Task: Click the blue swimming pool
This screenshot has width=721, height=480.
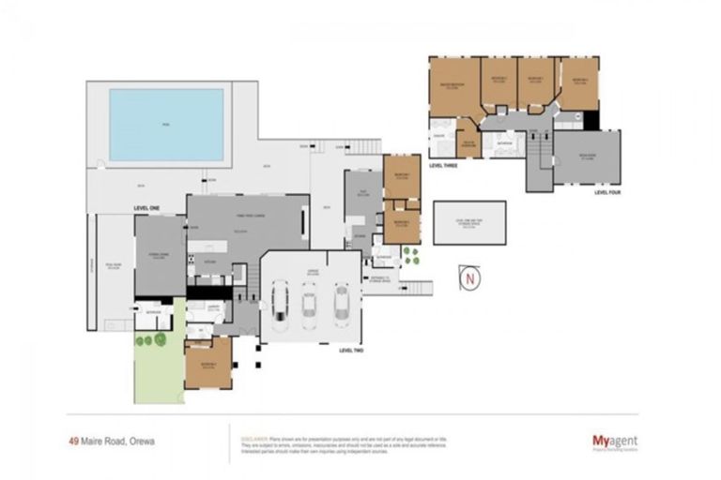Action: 166,125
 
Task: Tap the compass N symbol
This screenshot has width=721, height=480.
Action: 468,279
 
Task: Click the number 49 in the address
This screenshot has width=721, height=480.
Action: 73,438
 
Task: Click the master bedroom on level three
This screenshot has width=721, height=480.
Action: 453,87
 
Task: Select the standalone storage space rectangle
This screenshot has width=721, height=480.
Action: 468,222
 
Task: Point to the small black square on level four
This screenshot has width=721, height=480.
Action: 590,120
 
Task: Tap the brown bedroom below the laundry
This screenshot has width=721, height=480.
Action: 207,363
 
